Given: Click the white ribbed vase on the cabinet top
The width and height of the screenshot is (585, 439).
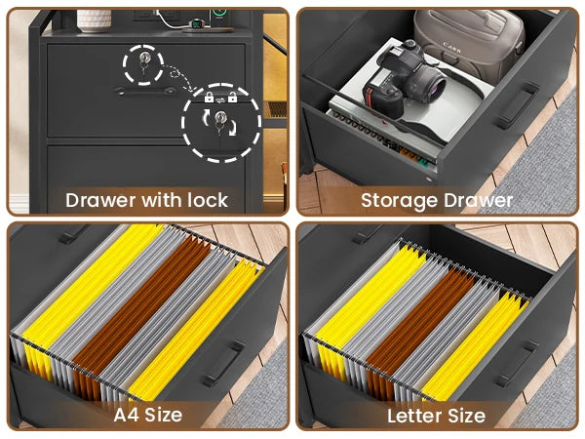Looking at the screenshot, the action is [94, 20].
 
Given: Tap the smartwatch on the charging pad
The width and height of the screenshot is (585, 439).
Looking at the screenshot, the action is [196, 24].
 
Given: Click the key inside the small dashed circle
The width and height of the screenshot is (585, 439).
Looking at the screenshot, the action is [144, 62].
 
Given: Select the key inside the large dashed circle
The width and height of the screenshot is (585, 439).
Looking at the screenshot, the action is [219, 122].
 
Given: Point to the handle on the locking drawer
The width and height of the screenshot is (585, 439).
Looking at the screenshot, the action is [145, 91].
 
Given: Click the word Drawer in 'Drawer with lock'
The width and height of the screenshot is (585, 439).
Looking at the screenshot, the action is [101, 200].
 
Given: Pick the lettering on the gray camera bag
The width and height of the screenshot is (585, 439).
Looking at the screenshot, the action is [451, 47].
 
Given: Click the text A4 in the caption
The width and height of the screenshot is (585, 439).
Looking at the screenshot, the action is [126, 415].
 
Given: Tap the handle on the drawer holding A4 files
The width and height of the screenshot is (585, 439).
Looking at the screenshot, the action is [223, 363].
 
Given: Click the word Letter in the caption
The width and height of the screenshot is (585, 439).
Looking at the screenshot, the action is [411, 416].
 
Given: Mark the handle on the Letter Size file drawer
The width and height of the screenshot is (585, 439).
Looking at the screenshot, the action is [516, 363].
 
